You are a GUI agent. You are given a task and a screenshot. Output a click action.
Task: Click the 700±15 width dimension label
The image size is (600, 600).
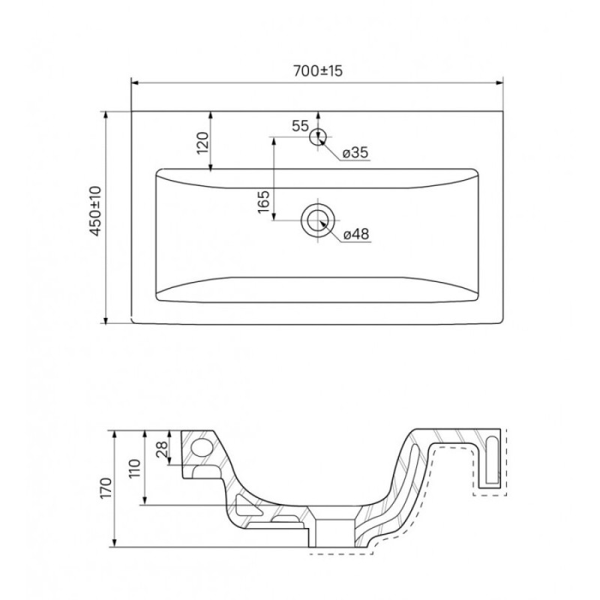pos(317,70)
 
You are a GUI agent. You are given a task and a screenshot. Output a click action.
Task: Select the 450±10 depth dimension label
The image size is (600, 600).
pos(95,211)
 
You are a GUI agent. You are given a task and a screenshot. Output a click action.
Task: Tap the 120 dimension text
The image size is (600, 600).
pos(202,142)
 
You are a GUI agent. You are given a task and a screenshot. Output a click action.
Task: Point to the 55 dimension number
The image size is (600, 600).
pos(300,125)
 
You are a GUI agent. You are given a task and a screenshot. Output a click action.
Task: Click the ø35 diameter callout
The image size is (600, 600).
pos(355,153)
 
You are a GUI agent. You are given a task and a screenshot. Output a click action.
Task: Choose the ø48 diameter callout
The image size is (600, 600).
pos(355,234)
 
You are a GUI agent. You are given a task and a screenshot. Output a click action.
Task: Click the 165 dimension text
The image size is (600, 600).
pos(264,202)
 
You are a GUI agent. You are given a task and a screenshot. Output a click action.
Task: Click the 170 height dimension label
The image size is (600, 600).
pos(105,488)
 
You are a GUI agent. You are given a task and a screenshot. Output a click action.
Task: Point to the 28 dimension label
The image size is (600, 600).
pos(162,448)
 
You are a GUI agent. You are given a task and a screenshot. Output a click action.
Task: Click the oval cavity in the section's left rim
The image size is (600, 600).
pos(202,447)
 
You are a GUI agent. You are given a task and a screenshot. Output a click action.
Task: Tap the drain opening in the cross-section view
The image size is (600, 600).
pos(333,532)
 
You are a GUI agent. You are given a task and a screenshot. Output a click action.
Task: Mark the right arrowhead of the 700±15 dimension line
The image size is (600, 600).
pos(499,82)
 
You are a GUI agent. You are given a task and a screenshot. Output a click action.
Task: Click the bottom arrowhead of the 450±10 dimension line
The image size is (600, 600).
pos(106,320)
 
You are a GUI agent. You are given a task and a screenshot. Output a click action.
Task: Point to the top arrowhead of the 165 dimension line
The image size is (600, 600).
pos(274,141)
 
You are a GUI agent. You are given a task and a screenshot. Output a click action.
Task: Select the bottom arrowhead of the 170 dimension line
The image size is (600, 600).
pos(115,543)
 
